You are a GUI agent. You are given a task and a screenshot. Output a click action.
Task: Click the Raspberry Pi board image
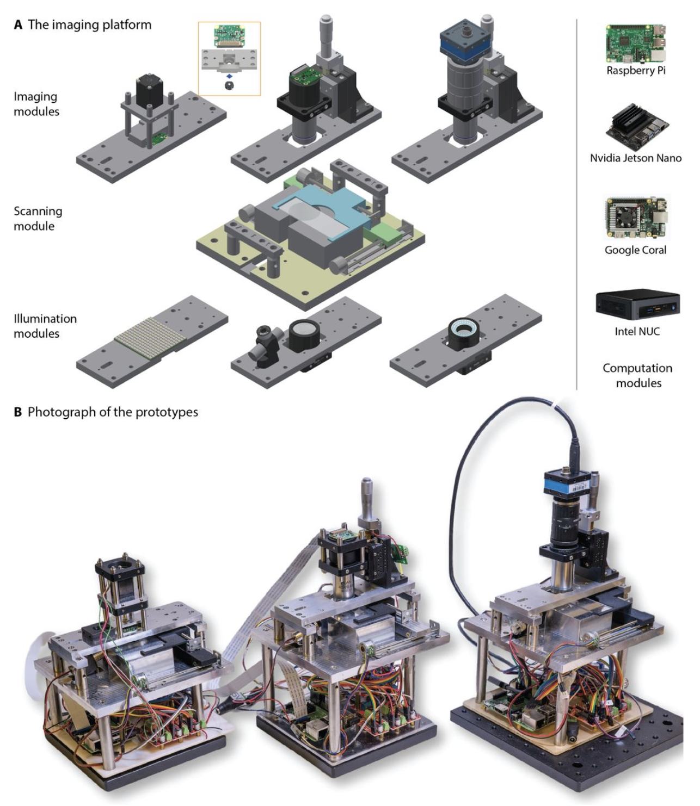pos(635,43)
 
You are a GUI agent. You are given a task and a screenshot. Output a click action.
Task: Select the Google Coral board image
pos(635,218)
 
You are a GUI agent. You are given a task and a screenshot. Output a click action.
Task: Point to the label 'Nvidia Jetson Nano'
pos(635,158)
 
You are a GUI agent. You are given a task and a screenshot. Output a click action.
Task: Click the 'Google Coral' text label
pos(635,250)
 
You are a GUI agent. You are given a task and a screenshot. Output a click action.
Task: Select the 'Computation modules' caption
pos(637,375)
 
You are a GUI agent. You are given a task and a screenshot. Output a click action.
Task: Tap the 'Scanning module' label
pos(38,218)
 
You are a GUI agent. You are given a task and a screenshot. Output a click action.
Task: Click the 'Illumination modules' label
pos(45,326)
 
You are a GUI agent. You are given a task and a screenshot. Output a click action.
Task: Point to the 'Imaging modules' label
pos(36,104)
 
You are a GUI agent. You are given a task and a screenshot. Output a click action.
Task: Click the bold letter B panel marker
pos(18,412)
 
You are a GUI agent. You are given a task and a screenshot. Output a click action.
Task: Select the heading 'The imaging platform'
pos(89,24)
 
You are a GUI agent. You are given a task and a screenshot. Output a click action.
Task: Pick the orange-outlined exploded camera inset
pos(229,59)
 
